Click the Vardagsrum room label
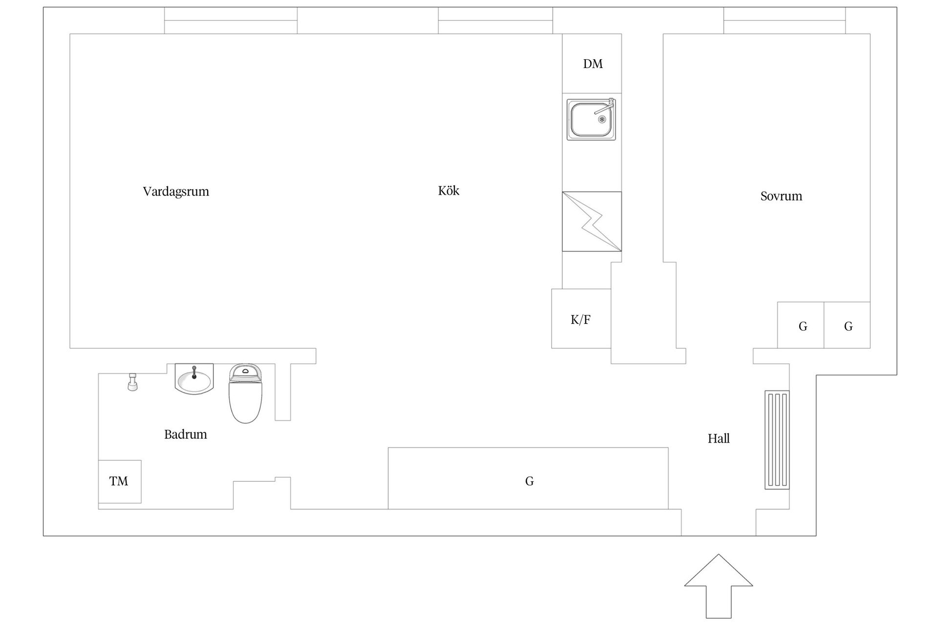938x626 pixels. point(176,191)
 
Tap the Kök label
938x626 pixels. point(448,190)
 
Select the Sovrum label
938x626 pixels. point(781,196)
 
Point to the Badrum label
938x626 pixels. point(186,434)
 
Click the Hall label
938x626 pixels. point(719,438)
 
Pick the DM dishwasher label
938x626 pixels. point(593,64)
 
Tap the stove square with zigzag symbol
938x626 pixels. point(592,222)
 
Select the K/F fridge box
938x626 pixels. point(581,318)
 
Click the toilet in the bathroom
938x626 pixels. point(246,393)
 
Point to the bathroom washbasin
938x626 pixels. point(194,379)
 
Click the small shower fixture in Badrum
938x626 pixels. point(132,381)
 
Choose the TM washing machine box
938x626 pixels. point(120,482)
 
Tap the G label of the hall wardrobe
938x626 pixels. point(529,481)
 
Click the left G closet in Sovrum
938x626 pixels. point(801,325)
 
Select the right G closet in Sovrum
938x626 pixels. point(847,325)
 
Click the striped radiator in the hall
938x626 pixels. point(777,440)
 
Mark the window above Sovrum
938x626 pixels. point(785,21)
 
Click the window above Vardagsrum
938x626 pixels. point(231,21)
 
